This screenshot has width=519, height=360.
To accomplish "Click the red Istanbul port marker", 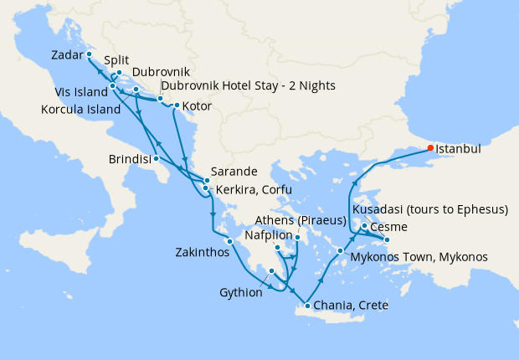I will click(431, 148).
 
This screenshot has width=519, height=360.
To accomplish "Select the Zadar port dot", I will click(89, 54).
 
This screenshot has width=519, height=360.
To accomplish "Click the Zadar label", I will click(66, 55).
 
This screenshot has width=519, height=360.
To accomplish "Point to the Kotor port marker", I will click(176, 105).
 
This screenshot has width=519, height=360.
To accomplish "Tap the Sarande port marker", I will click(207, 180).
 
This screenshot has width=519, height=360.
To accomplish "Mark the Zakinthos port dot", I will click(229, 242).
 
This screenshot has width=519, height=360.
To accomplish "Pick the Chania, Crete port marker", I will click(309, 306).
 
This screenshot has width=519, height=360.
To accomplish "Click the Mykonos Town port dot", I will click(340, 251).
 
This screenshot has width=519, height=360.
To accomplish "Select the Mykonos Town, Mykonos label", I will click(419, 256).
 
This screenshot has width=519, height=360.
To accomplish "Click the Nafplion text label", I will click(270, 235).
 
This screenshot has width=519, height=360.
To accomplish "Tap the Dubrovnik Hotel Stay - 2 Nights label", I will click(247, 86).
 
